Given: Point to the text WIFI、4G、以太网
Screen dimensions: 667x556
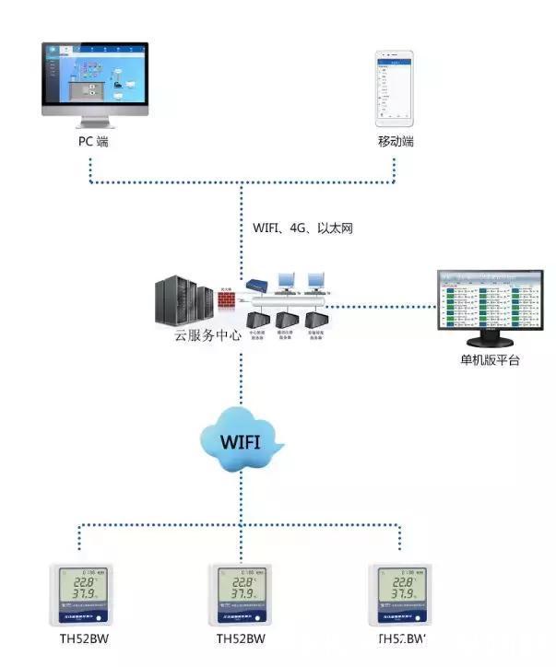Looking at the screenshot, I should click(x=302, y=228).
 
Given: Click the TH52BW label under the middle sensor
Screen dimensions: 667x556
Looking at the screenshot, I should click(x=242, y=638).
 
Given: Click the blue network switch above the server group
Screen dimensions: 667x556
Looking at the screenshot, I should click(x=257, y=287).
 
